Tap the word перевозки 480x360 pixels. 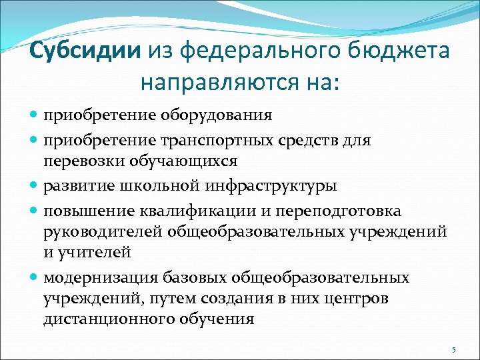pos(77,161)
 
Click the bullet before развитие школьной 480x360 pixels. pos(35,185)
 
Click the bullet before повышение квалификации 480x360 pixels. pos(35,211)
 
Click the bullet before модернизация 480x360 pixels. pos(35,277)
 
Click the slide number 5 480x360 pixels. pos(453,350)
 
